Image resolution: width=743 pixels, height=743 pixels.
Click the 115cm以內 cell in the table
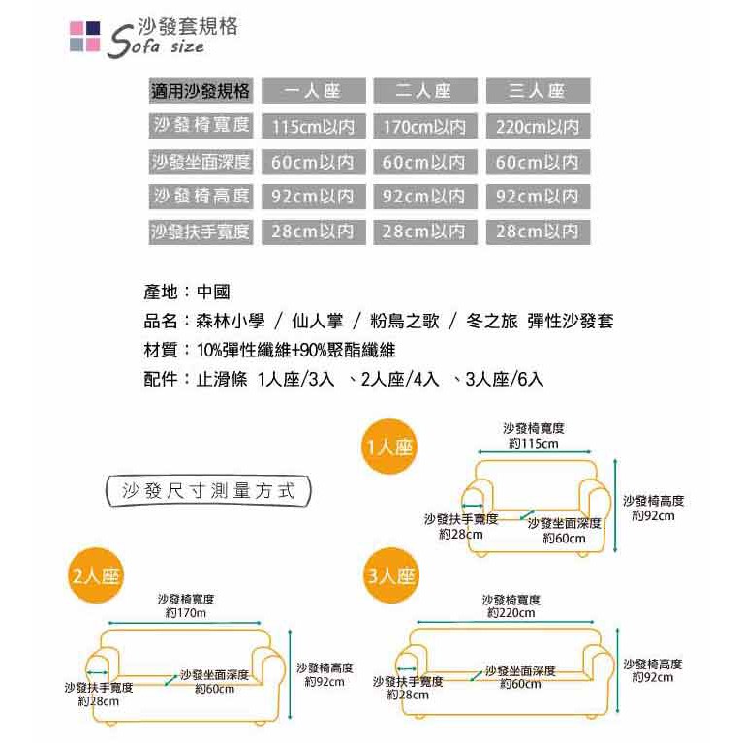(x=312, y=127)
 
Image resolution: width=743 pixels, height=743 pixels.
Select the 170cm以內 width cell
(x=424, y=127)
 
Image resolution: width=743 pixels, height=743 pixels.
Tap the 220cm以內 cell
(x=537, y=127)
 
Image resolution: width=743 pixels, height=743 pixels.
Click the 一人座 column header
(x=312, y=92)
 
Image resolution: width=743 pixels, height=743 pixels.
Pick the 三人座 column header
(x=537, y=92)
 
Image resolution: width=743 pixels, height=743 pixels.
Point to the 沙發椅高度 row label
(x=201, y=197)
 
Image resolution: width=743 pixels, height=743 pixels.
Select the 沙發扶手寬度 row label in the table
(x=201, y=232)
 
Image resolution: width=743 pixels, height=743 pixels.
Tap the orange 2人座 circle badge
(x=96, y=575)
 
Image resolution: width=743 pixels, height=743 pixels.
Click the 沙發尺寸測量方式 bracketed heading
(x=208, y=490)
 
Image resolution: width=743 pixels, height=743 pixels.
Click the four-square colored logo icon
(x=84, y=36)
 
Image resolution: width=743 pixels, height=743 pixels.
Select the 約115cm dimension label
(x=533, y=443)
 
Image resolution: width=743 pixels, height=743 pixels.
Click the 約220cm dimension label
(x=511, y=613)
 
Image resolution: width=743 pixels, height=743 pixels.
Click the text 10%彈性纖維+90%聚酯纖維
(x=295, y=350)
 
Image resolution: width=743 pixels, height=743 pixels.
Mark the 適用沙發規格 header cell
(x=201, y=92)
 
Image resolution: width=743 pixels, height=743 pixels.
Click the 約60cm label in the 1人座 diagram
(x=564, y=538)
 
